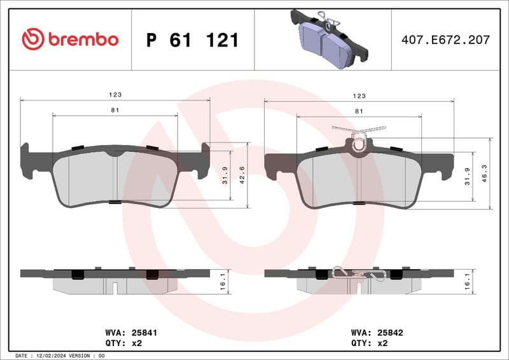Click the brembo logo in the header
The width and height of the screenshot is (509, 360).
coord(70,39)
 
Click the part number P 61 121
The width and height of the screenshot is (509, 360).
coord(192,40)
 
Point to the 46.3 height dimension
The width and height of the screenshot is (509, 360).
coord(485,173)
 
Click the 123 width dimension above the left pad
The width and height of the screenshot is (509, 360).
coord(115,94)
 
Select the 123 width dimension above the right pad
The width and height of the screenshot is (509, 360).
coord(359,95)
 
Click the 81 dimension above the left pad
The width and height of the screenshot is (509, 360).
coord(115,110)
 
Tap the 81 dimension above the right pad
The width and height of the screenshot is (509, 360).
coord(359,111)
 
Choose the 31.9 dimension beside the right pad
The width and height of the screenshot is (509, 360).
coord(468,176)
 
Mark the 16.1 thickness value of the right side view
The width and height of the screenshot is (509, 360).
coord(468,281)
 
